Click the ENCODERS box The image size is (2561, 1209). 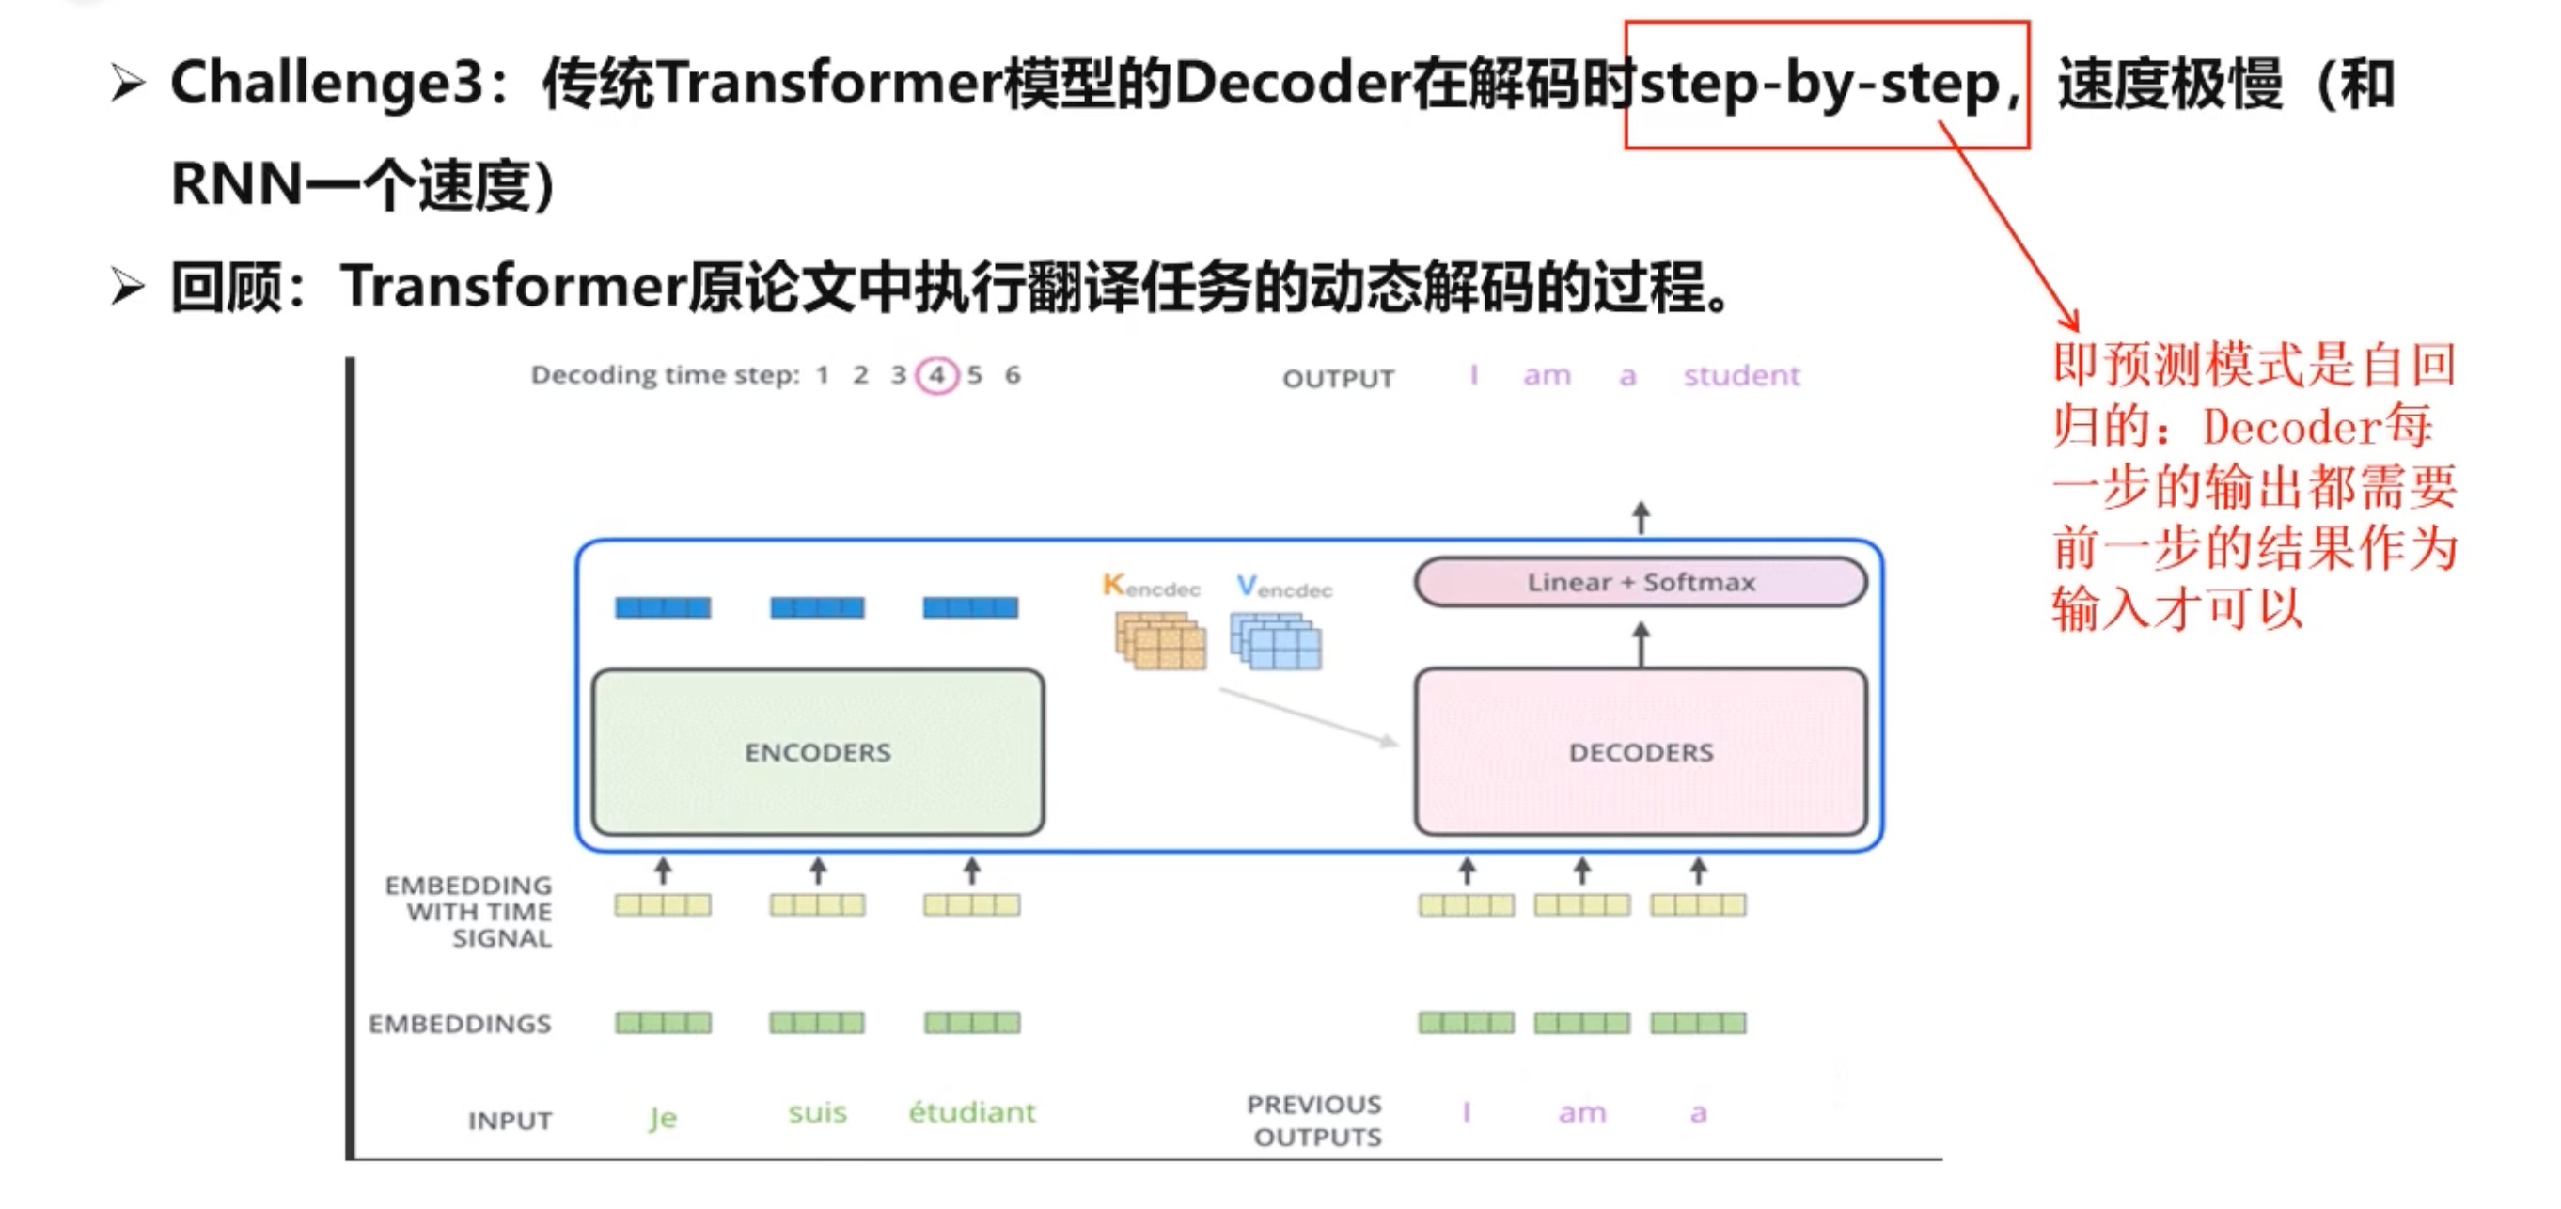coord(817,752)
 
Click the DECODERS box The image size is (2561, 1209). coord(1641,752)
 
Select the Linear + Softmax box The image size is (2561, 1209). coord(1641,582)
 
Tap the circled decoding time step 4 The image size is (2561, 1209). coord(936,375)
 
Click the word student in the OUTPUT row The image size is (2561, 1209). coord(1741,375)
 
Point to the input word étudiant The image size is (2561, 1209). coord(971,1111)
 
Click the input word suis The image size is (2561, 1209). coord(817,1112)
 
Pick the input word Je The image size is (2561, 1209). coord(662,1117)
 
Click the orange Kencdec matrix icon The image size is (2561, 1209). coord(1160,640)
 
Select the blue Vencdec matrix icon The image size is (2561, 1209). coord(1276,640)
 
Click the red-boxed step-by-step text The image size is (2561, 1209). coord(1819,84)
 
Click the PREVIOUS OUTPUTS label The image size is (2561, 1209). coord(1315,1120)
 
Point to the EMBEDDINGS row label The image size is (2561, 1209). coord(460,1023)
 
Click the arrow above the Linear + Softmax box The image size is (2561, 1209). coord(1641,518)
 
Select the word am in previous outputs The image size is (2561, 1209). coord(1581,1112)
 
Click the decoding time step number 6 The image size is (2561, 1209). coord(1012,375)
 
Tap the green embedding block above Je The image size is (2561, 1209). coord(662,1022)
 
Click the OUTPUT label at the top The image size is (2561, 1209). coord(1338,379)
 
